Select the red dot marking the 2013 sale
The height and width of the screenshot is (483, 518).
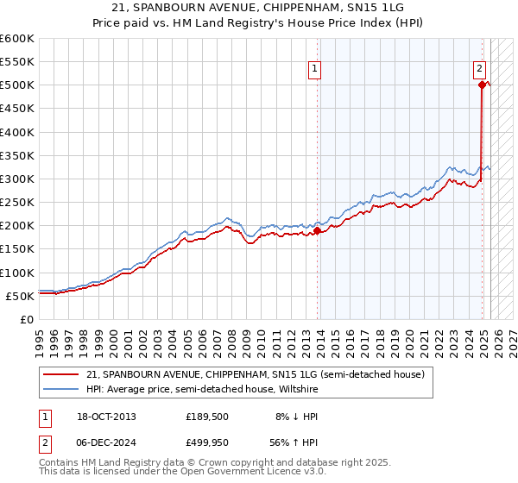tap(318, 230)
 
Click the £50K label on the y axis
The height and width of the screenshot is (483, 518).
tap(20, 296)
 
